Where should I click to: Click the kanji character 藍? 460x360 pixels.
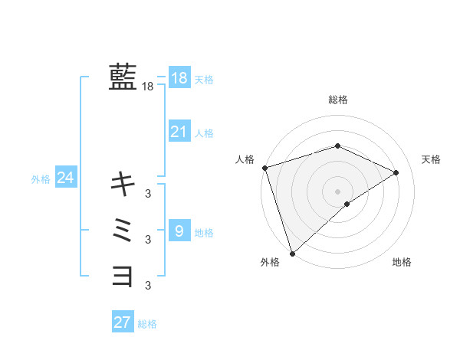tap(123, 77)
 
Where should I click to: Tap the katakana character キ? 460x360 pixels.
tap(123, 183)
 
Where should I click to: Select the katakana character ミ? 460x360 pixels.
tap(123, 229)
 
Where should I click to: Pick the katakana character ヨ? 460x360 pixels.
tap(123, 275)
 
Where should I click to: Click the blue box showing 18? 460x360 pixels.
tap(179, 78)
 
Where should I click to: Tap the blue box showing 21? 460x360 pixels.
tap(179, 132)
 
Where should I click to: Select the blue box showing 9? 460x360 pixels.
tap(179, 231)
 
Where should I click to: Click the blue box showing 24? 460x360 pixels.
tap(65, 178)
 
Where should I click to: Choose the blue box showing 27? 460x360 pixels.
tap(123, 322)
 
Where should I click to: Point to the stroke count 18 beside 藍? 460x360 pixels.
tap(148, 87)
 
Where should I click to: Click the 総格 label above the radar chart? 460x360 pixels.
tap(338, 100)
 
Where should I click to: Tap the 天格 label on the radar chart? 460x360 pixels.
tap(431, 159)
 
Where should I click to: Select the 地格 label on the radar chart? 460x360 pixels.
tap(402, 263)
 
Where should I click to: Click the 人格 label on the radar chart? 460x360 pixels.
tap(245, 159)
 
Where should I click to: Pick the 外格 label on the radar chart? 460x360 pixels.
tap(270, 263)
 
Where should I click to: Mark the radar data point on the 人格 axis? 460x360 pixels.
tap(264, 168)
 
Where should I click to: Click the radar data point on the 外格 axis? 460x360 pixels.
tap(292, 253)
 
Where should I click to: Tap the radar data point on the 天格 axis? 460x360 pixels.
tap(396, 172)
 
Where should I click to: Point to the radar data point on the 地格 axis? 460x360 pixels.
tap(347, 204)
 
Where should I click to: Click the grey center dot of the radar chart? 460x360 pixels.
tap(337, 191)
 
